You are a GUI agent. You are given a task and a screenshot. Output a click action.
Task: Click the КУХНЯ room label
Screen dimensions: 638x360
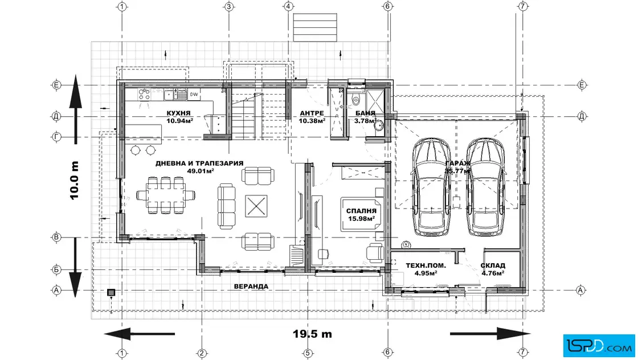pyautogui.click(x=178, y=113)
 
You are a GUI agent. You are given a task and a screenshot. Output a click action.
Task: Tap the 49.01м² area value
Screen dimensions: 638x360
pyautogui.click(x=201, y=171)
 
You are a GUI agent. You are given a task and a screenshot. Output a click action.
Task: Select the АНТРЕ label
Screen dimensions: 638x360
pyautogui.click(x=312, y=113)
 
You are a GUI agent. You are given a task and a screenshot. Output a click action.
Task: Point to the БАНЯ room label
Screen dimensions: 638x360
pyautogui.click(x=365, y=113)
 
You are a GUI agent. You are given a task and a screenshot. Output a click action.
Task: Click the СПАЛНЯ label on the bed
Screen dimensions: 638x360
pyautogui.click(x=361, y=211)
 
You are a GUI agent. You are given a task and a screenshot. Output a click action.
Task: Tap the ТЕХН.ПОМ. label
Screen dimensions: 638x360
pyautogui.click(x=426, y=265)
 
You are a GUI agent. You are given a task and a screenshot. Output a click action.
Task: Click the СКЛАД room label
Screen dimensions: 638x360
pyautogui.click(x=493, y=265)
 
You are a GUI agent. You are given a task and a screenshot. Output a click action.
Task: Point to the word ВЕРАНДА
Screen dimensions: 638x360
pyautogui.click(x=251, y=287)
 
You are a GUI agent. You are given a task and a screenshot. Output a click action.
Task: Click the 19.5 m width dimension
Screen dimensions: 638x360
pyautogui.click(x=312, y=334)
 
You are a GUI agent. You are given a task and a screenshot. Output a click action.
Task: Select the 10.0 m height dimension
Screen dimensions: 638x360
pyautogui.click(x=74, y=180)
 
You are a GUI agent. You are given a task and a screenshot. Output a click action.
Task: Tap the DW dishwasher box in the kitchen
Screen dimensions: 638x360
pyautogui.click(x=194, y=95)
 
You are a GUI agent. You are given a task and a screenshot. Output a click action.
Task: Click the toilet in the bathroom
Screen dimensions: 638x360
pyautogui.click(x=356, y=98)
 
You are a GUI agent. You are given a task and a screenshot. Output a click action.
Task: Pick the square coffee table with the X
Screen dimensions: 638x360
pyautogui.click(x=256, y=206)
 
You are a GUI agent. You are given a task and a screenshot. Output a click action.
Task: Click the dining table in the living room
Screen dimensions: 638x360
pyautogui.click(x=165, y=195)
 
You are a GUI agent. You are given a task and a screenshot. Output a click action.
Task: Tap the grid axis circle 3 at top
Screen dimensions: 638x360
pyautogui.click(x=228, y=6)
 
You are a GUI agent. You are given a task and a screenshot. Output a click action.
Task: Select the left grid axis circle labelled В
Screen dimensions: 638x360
pyautogui.click(x=56, y=237)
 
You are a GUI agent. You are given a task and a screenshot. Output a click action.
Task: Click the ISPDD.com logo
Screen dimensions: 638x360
pyautogui.click(x=599, y=345)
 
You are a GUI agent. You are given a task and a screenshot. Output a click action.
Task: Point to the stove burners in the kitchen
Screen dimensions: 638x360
pyautogui.click(x=144, y=95)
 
